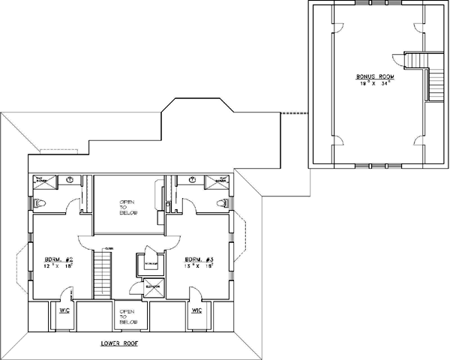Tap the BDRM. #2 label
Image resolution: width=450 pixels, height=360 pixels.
[58, 257]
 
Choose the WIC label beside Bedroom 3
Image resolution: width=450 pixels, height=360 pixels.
[196, 311]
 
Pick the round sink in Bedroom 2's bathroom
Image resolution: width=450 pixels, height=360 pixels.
[69, 180]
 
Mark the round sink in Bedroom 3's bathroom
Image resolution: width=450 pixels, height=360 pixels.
[193, 180]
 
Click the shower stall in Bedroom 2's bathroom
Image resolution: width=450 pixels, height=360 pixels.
[42, 180]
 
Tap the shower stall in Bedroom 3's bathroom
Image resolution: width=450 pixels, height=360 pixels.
[221, 180]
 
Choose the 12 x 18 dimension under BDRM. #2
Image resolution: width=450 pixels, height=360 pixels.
[58, 265]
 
